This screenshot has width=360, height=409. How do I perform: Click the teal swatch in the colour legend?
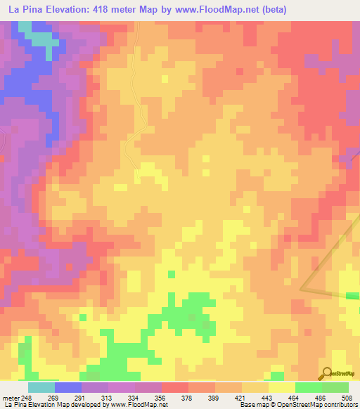coord(41,387)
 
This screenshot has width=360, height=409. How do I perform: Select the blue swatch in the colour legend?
coord(68,387)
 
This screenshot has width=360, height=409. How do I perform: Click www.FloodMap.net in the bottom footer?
coord(136,404)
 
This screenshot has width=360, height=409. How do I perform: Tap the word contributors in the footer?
coord(341,404)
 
